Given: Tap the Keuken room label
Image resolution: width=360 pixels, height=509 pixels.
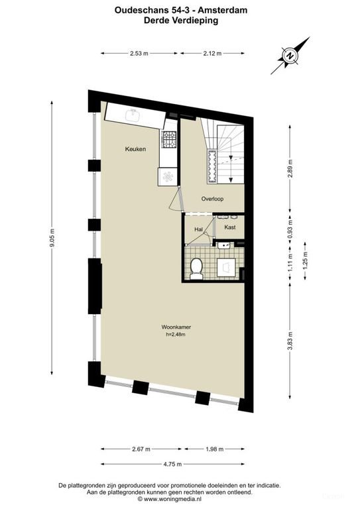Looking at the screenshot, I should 135,150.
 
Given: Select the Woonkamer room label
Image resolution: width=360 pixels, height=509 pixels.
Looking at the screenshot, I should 173,327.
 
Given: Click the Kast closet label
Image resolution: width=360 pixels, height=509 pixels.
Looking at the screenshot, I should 230,227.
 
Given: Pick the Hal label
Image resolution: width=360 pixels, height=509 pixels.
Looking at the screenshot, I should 198,229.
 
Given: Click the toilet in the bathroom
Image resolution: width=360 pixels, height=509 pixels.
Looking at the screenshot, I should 196,268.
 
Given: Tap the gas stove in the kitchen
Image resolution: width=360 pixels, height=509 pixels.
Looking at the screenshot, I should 168,141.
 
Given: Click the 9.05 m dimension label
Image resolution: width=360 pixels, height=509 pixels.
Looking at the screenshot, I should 52,237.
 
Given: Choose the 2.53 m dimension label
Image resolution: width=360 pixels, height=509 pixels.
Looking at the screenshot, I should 139,54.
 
